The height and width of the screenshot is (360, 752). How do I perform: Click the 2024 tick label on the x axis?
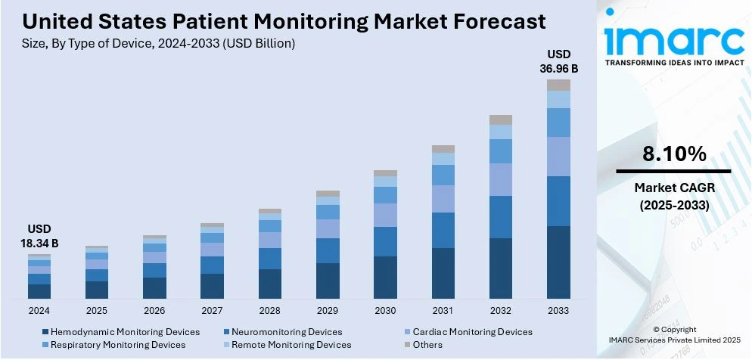tap(39, 310)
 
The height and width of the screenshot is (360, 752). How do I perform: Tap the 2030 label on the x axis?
tap(385, 310)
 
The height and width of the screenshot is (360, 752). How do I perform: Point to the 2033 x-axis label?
tap(558, 310)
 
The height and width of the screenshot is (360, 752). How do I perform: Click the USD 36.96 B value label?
tap(558, 61)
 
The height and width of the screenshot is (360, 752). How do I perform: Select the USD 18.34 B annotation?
tap(39, 236)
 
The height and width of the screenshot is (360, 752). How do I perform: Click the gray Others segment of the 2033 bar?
tap(558, 85)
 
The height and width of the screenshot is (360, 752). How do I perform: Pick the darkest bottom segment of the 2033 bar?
tap(558, 262)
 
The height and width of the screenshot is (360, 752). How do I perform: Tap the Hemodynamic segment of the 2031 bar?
tap(443, 273)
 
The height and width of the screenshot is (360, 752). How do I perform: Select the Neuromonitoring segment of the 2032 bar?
tap(501, 217)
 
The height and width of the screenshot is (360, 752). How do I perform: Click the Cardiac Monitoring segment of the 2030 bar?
tap(385, 215)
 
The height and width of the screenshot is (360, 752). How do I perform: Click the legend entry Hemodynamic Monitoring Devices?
tap(121, 332)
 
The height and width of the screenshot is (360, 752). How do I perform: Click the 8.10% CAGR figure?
tap(674, 154)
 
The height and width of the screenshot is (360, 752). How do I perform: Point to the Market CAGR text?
tap(674, 188)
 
